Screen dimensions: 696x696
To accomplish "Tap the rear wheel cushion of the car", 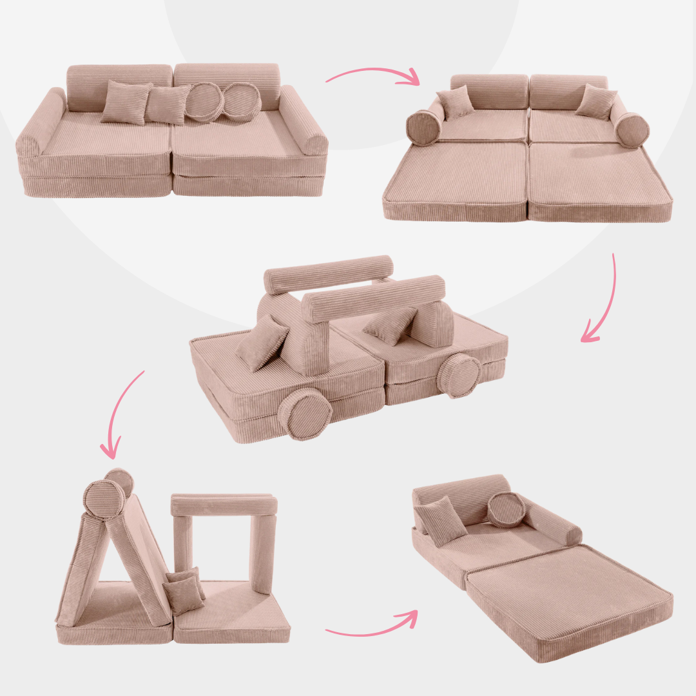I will [x=459, y=374].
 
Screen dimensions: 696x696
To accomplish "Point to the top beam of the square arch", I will [x=224, y=505].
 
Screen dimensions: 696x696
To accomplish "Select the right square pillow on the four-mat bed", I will [x=595, y=102].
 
